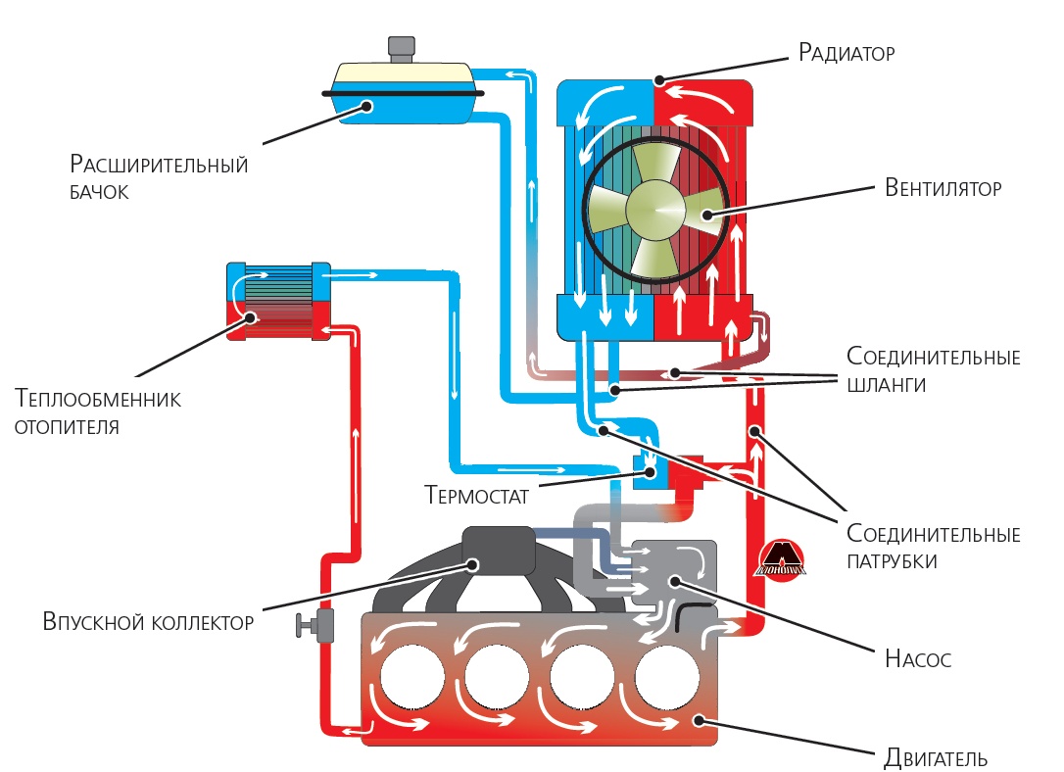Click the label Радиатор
coord(846,53)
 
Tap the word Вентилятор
coord(943,188)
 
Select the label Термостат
coord(476,495)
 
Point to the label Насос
coord(917,658)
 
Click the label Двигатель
coord(936,757)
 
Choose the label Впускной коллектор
coord(148,621)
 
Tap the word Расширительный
coord(159,165)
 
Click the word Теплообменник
coord(98,398)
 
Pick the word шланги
coord(886,385)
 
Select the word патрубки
coord(892,561)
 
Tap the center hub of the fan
coord(656,210)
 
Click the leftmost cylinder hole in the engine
coord(412,677)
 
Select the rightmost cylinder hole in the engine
coord(667,677)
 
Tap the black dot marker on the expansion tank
coord(367,106)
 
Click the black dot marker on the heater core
coord(251,316)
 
